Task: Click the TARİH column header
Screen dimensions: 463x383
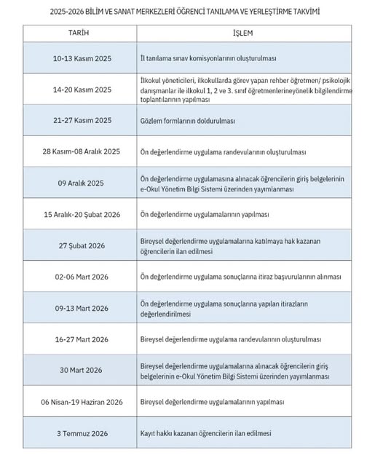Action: pyautogui.click(x=79, y=33)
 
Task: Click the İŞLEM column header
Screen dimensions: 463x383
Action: pyautogui.click(x=243, y=33)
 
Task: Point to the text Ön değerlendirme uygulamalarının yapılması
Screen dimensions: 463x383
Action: pyautogui.click(x=205, y=215)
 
